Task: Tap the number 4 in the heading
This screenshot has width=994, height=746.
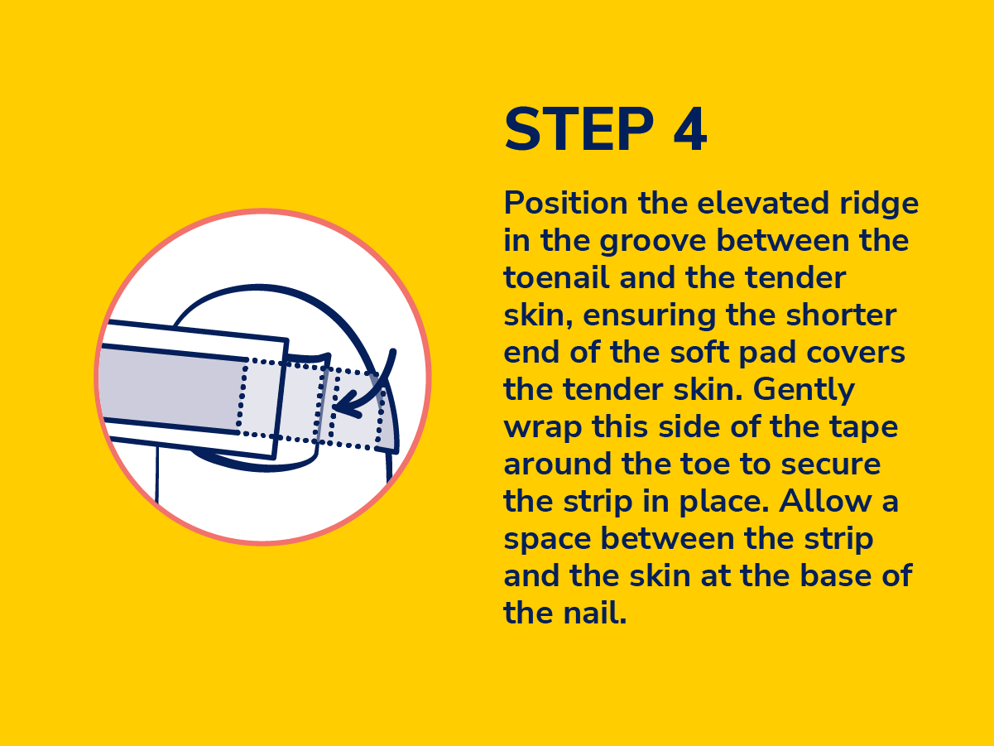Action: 690,129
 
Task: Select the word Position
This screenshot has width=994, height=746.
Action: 566,204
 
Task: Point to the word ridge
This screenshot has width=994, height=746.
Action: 879,205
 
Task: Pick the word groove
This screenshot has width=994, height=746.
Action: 652,242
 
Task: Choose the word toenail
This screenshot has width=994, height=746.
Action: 556,277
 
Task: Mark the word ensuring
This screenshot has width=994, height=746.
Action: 649,316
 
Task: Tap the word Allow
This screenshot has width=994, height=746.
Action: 826,501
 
